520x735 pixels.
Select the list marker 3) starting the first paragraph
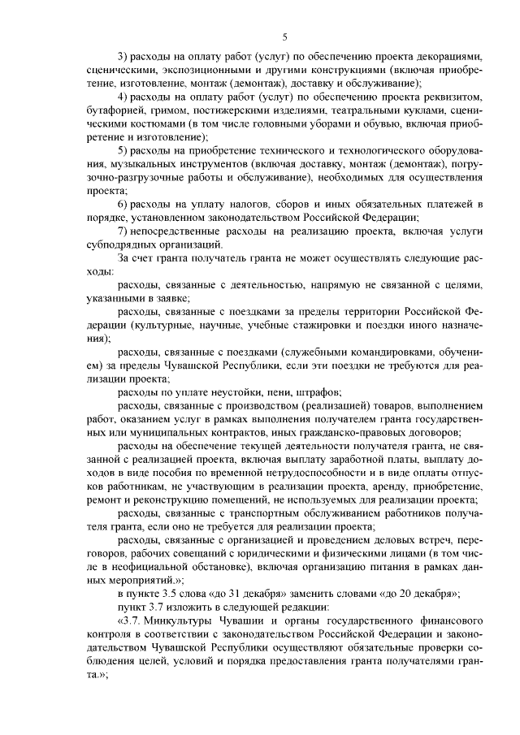click(x=123, y=58)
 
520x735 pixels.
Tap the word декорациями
click(x=445, y=58)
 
